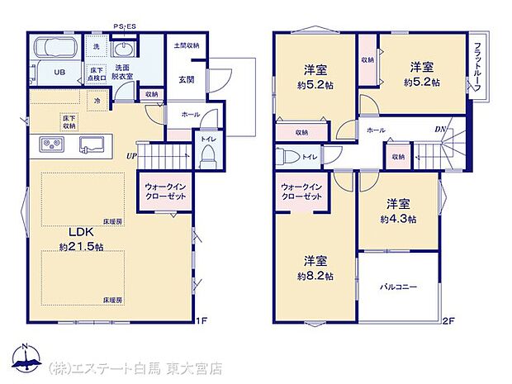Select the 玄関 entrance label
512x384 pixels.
click(x=185, y=79)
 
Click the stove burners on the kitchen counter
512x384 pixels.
click(x=51, y=145)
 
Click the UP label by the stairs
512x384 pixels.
click(x=130, y=155)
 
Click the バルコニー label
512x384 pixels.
click(x=398, y=287)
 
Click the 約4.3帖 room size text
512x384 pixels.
click(x=398, y=219)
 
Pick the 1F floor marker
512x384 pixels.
click(x=201, y=320)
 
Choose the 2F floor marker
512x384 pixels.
click(x=448, y=320)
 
